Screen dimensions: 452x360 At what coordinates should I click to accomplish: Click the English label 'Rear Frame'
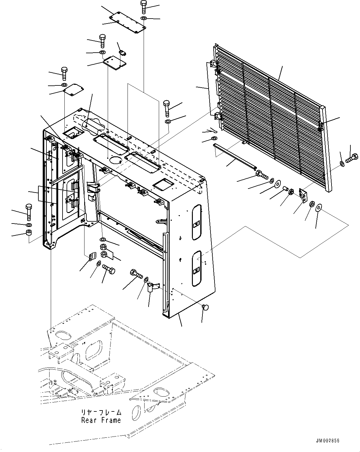(x=101, y=420)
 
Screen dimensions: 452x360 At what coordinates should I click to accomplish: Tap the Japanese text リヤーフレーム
(x=101, y=413)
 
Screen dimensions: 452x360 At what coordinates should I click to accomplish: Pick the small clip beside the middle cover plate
(x=123, y=53)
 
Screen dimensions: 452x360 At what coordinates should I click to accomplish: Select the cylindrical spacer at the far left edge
(x=29, y=233)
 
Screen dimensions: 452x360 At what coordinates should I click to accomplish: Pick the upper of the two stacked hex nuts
(x=103, y=247)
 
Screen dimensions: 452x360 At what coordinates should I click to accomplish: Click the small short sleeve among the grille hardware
(x=285, y=189)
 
